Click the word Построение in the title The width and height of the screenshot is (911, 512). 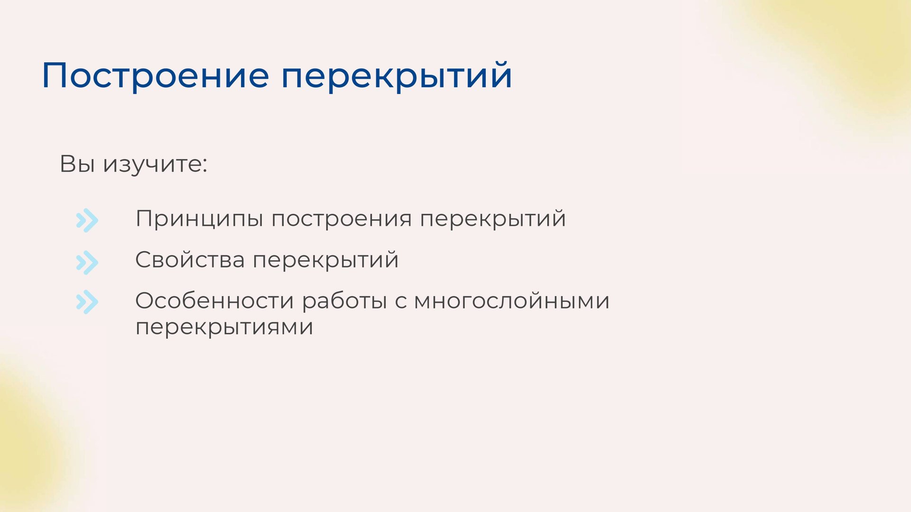(155, 75)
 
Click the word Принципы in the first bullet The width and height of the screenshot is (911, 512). (199, 219)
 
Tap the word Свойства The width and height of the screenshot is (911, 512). (190, 260)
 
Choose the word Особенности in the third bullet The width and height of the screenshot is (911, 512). (214, 301)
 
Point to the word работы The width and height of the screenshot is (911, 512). (344, 301)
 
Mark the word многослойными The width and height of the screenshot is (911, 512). (511, 301)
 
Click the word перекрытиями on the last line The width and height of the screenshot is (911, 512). (224, 328)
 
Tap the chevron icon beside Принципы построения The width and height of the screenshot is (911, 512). (87, 220)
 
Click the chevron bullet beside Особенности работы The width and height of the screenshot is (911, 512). (87, 302)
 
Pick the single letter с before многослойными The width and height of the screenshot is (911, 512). (401, 302)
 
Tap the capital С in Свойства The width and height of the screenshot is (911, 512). (144, 260)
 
